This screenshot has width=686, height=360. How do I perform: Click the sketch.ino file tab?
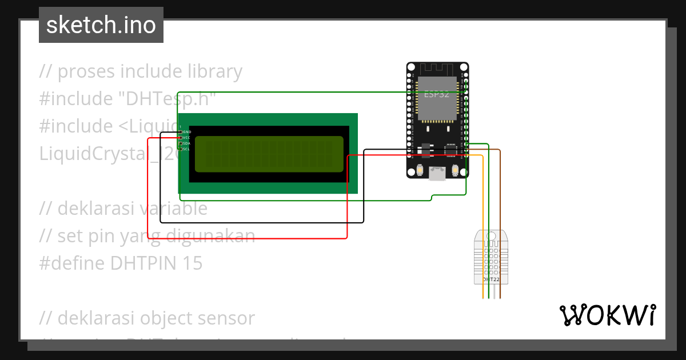(x=101, y=25)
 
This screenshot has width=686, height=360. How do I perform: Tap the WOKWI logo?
(x=607, y=315)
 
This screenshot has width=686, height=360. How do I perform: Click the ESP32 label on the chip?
(x=436, y=94)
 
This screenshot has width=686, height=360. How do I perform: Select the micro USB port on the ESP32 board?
(x=438, y=173)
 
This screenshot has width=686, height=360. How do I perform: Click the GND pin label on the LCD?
(x=186, y=132)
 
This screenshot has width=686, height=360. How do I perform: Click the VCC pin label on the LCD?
(x=186, y=138)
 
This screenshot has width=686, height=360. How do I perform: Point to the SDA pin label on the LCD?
(x=186, y=143)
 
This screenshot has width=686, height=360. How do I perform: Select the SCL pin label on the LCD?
(x=186, y=149)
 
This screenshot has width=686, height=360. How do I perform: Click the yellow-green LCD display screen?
(x=269, y=154)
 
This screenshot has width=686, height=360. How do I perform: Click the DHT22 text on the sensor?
(x=491, y=280)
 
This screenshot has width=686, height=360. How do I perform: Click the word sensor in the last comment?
(x=225, y=318)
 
